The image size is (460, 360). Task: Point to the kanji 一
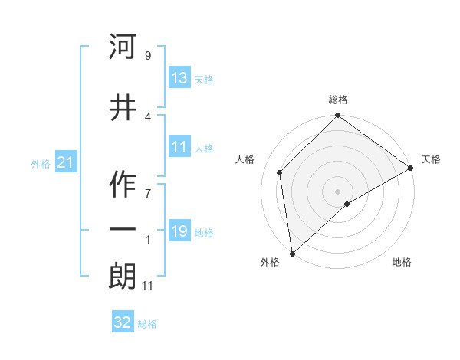coord(123,230)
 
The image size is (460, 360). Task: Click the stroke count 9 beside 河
coord(147,56)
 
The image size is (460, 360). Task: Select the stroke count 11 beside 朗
coord(148,286)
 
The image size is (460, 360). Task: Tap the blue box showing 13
coord(179,79)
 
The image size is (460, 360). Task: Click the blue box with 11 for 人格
coord(179,148)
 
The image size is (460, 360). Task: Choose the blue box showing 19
coord(179,231)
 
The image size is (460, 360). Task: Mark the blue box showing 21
coord(65,162)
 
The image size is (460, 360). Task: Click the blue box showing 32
coord(123,322)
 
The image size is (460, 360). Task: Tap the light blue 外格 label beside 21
coord(41,164)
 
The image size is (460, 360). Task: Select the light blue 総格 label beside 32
coord(147,324)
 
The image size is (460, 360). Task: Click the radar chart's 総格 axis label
coord(338,100)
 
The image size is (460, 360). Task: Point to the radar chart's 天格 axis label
coord(431,159)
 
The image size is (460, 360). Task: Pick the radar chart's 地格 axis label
coord(402,262)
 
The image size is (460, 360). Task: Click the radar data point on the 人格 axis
coord(280,172)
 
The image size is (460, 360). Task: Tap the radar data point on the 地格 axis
coord(347,204)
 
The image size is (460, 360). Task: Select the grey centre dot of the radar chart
coord(338,191)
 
